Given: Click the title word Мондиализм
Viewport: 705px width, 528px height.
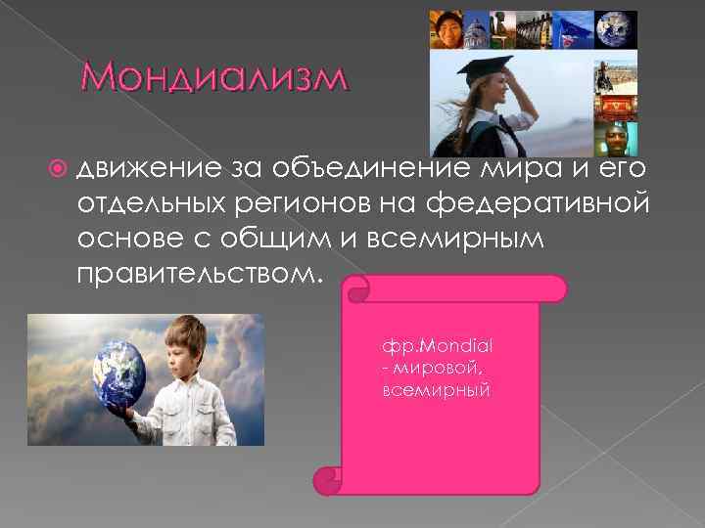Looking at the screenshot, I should point(212,78).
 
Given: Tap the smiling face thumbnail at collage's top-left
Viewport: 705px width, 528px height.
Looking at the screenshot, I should point(447,30).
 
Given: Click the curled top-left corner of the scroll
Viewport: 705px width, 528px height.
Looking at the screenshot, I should point(356,287).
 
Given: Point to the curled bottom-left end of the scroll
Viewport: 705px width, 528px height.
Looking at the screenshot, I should point(327,480).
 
